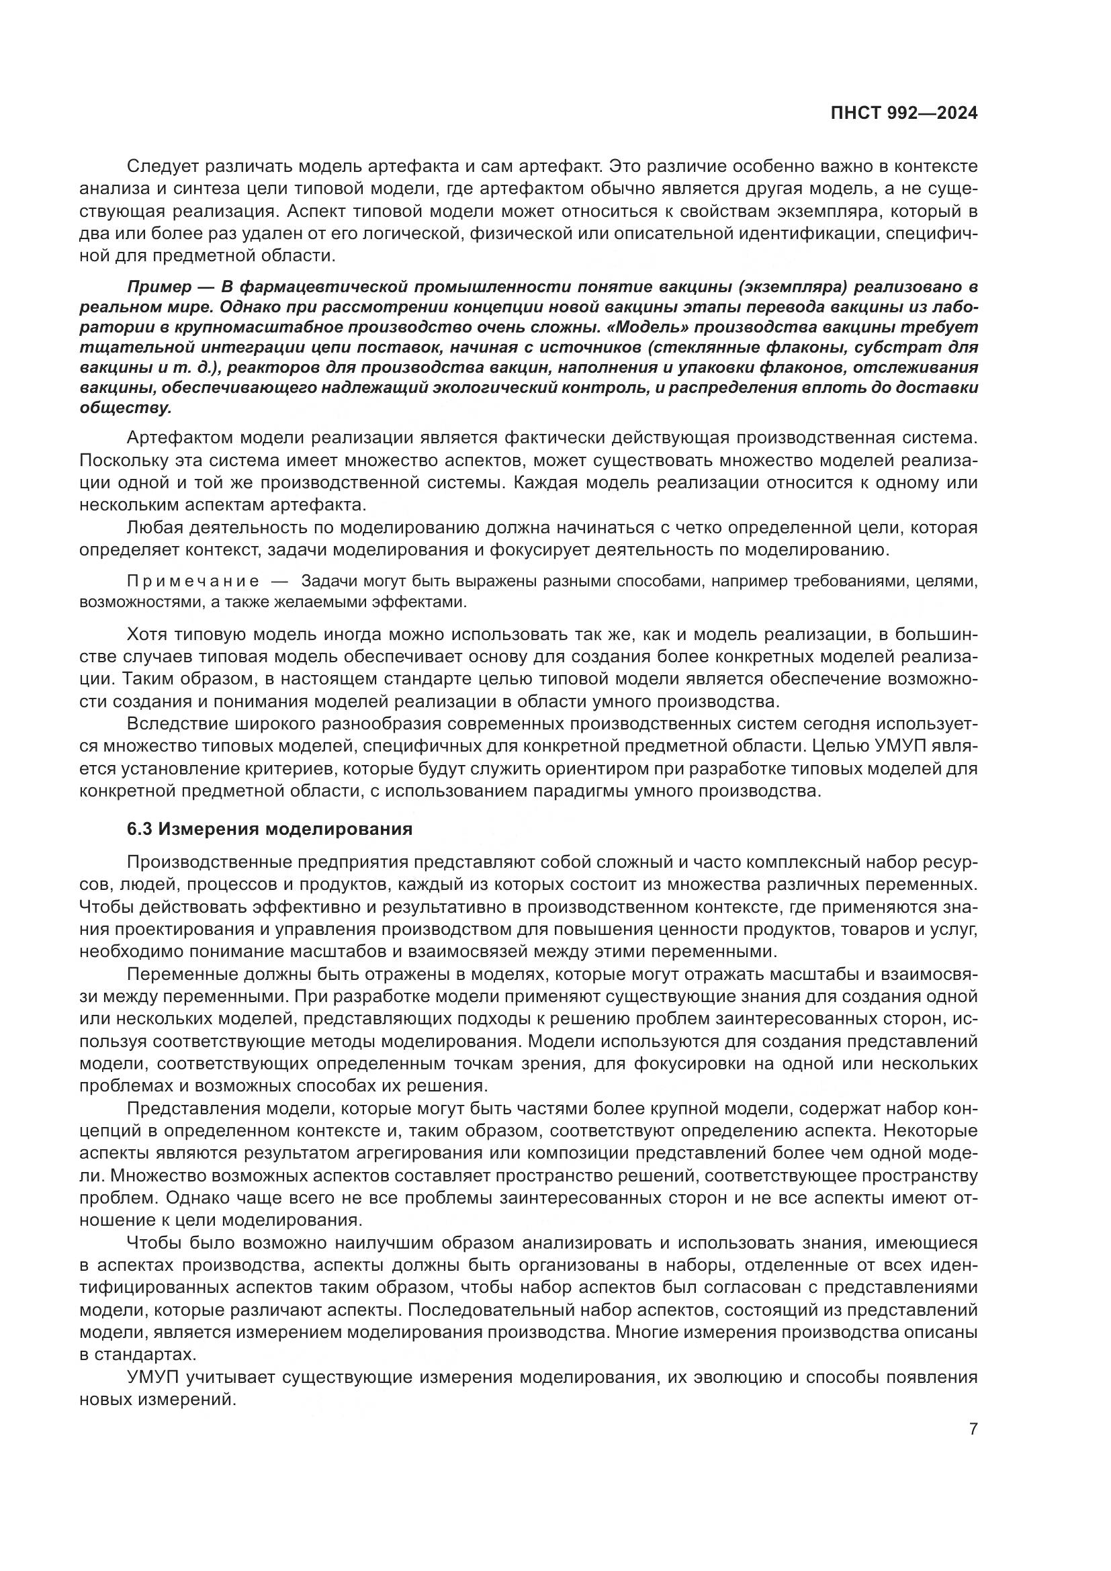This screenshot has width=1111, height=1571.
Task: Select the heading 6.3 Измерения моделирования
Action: [269, 829]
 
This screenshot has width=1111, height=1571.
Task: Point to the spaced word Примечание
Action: [193, 582]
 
